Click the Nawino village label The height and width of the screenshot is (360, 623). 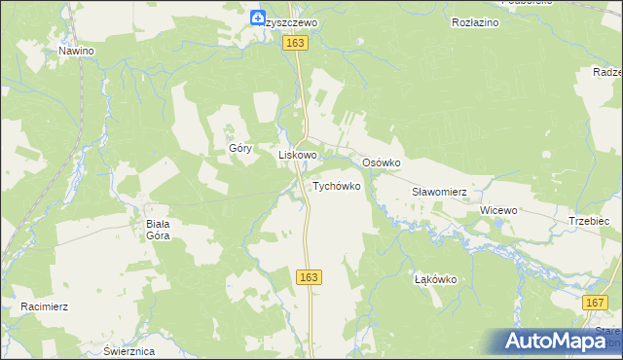click(x=75, y=51)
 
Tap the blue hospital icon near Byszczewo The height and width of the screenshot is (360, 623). click(x=257, y=17)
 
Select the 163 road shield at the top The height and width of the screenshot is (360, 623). click(x=296, y=44)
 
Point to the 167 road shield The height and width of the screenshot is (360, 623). click(x=596, y=304)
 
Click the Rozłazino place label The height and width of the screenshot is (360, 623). click(x=475, y=21)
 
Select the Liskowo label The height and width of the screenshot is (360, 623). click(x=299, y=155)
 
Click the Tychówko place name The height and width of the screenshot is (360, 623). click(x=337, y=185)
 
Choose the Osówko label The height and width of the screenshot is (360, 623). click(x=382, y=162)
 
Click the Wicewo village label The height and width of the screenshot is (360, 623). click(x=498, y=210)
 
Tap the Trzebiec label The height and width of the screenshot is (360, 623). click(x=589, y=222)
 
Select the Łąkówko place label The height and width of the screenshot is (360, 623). click(x=435, y=279)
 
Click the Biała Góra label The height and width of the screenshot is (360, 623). click(x=158, y=229)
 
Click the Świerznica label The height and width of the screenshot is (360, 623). click(x=128, y=351)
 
